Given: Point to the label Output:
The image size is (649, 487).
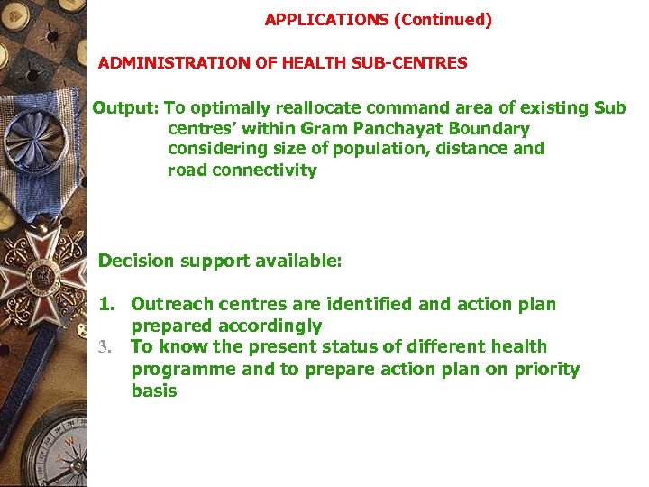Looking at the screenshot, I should coord(125,108).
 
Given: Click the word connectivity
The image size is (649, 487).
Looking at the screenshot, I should coord(264,170).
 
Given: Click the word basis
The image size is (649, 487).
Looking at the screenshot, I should coord(154,391).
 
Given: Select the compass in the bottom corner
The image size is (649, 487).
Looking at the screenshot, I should coord(50,446).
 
